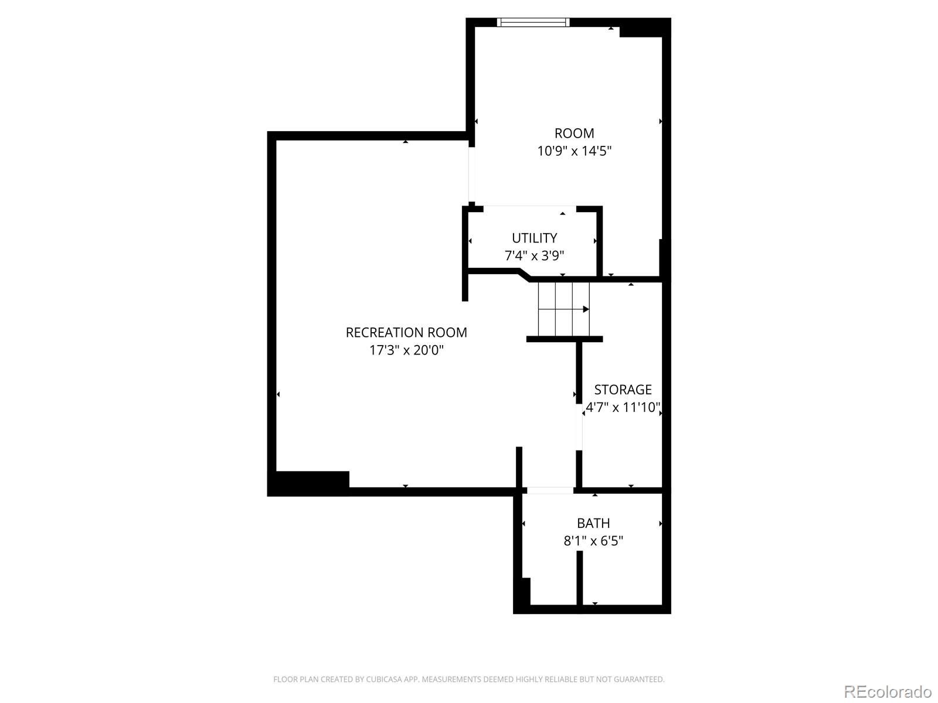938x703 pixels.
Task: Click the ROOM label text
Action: [x=574, y=133]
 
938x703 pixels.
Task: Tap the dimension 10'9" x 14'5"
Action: [x=574, y=151]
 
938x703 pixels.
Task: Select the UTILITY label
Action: [x=534, y=238]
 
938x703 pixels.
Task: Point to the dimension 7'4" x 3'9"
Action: [x=534, y=255]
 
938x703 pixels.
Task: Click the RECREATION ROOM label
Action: [x=406, y=333]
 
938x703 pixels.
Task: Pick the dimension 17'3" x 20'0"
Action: [x=406, y=350]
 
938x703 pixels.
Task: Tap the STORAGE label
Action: [x=623, y=390]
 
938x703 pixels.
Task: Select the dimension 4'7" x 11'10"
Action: [x=623, y=408]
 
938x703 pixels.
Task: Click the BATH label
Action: [x=593, y=523]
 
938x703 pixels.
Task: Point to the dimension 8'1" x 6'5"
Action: [x=593, y=541]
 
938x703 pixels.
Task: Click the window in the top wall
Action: [x=533, y=22]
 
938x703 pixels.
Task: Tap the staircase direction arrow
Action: [x=563, y=309]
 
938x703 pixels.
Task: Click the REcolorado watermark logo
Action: [x=888, y=691]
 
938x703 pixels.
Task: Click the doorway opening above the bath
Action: [x=550, y=490]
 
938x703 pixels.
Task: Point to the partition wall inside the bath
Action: [x=579, y=578]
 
